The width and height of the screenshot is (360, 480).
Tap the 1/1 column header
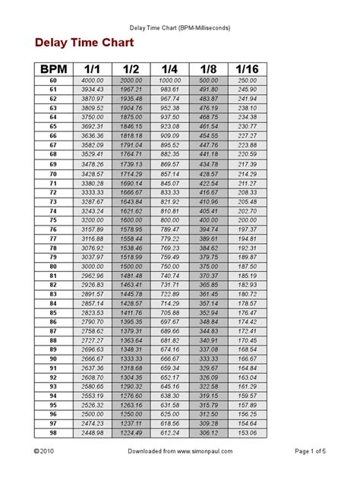93,69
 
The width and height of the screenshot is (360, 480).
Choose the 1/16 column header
248,69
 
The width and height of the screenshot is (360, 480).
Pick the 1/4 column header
170,69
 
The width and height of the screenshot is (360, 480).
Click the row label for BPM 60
53,80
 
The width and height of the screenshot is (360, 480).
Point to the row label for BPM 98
53,432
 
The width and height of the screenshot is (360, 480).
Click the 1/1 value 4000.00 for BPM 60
93,80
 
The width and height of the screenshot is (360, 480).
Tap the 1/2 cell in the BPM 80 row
131,266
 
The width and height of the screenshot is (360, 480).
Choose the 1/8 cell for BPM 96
209,414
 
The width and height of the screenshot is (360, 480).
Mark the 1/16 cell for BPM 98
248,432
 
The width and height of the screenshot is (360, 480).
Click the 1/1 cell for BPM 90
93,358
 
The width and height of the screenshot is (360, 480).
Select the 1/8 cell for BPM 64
209,117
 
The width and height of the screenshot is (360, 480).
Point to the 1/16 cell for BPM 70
248,173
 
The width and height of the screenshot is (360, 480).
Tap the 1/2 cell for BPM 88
131,339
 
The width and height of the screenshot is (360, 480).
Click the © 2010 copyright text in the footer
44,471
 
